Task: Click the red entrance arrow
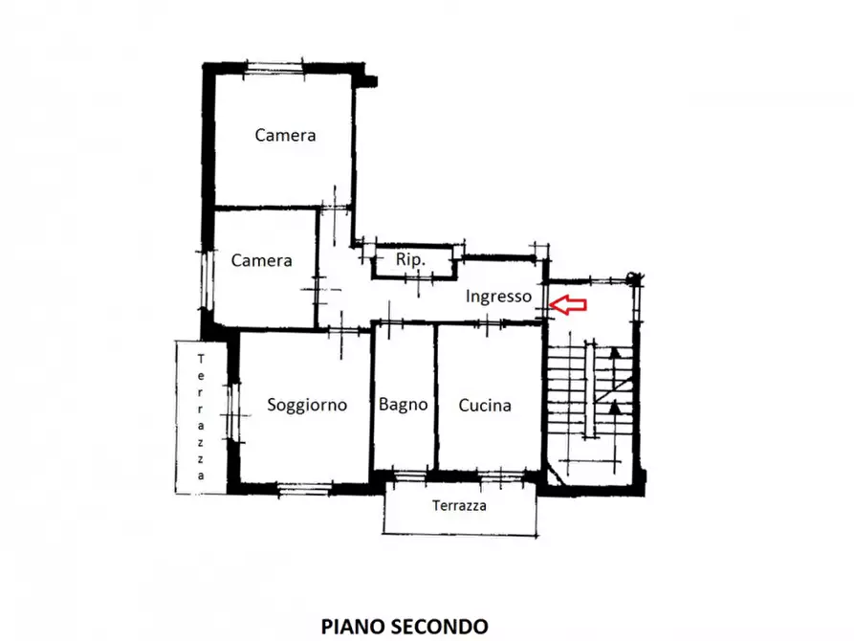[568, 304]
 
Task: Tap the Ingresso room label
[498, 297]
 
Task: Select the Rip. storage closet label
[410, 259]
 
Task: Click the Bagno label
[403, 405]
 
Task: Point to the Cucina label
[485, 405]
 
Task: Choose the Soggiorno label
[307, 405]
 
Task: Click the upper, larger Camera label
[285, 135]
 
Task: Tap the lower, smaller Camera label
[261, 260]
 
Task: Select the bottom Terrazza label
[459, 506]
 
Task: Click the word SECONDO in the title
[439, 627]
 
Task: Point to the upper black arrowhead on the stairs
[615, 352]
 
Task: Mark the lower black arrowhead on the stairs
[615, 408]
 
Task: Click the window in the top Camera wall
[275, 68]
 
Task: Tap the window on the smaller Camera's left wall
[206, 280]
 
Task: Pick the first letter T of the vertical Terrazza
[201, 359]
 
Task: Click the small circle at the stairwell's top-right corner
[632, 277]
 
